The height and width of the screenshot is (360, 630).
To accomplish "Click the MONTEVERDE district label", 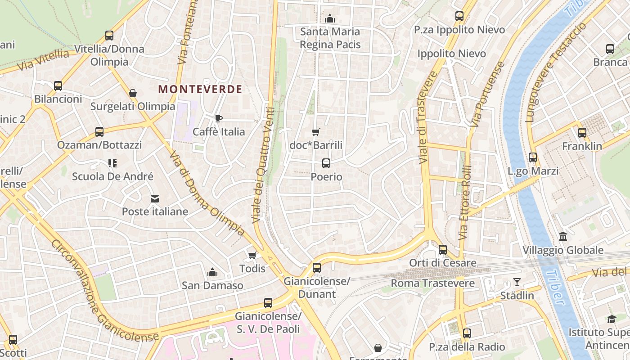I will tap(200, 89).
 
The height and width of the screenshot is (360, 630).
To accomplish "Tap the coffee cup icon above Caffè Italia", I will tap(219, 118).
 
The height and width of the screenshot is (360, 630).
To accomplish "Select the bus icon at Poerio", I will tap(326, 163).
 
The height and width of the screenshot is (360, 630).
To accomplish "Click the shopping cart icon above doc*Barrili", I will tap(316, 132).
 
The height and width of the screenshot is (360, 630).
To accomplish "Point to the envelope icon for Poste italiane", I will tap(155, 198).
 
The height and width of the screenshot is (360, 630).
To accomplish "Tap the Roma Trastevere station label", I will tap(432, 283).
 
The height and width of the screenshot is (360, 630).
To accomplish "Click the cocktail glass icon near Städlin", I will tap(517, 282).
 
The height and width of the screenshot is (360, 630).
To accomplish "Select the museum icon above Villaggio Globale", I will tap(563, 236).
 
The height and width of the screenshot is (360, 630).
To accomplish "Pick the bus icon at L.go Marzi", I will tap(533, 157).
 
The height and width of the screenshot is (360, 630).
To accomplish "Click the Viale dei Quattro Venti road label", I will tap(263, 165).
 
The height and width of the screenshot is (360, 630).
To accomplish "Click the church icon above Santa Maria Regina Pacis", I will tap(330, 18).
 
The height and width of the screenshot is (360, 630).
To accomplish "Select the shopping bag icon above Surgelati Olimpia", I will tap(133, 93).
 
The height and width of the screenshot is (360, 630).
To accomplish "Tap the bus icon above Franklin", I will tap(582, 133).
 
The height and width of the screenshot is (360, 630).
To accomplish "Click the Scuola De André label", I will tap(112, 176).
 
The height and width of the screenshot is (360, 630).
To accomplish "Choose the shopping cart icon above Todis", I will tap(252, 255).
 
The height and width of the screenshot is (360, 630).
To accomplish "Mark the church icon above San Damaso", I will tap(212, 272).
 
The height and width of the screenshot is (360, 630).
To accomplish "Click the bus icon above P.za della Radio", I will tap(467, 333).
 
